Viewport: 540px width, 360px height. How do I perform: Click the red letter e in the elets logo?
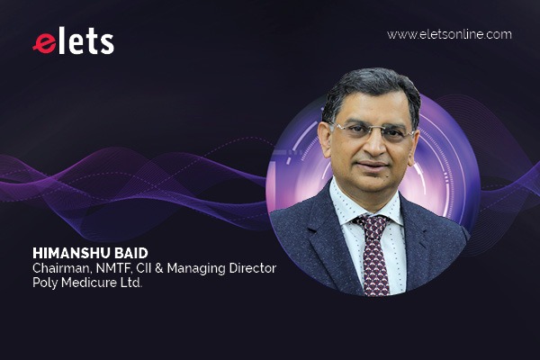click(x=45, y=43)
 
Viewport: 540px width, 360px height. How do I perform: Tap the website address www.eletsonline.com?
click(x=449, y=34)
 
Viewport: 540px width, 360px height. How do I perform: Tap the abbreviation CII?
click(x=144, y=268)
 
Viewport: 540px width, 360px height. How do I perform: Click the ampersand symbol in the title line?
click(x=159, y=268)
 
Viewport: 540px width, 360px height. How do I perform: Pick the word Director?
click(x=253, y=268)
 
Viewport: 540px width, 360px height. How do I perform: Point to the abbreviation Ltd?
click(x=131, y=283)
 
